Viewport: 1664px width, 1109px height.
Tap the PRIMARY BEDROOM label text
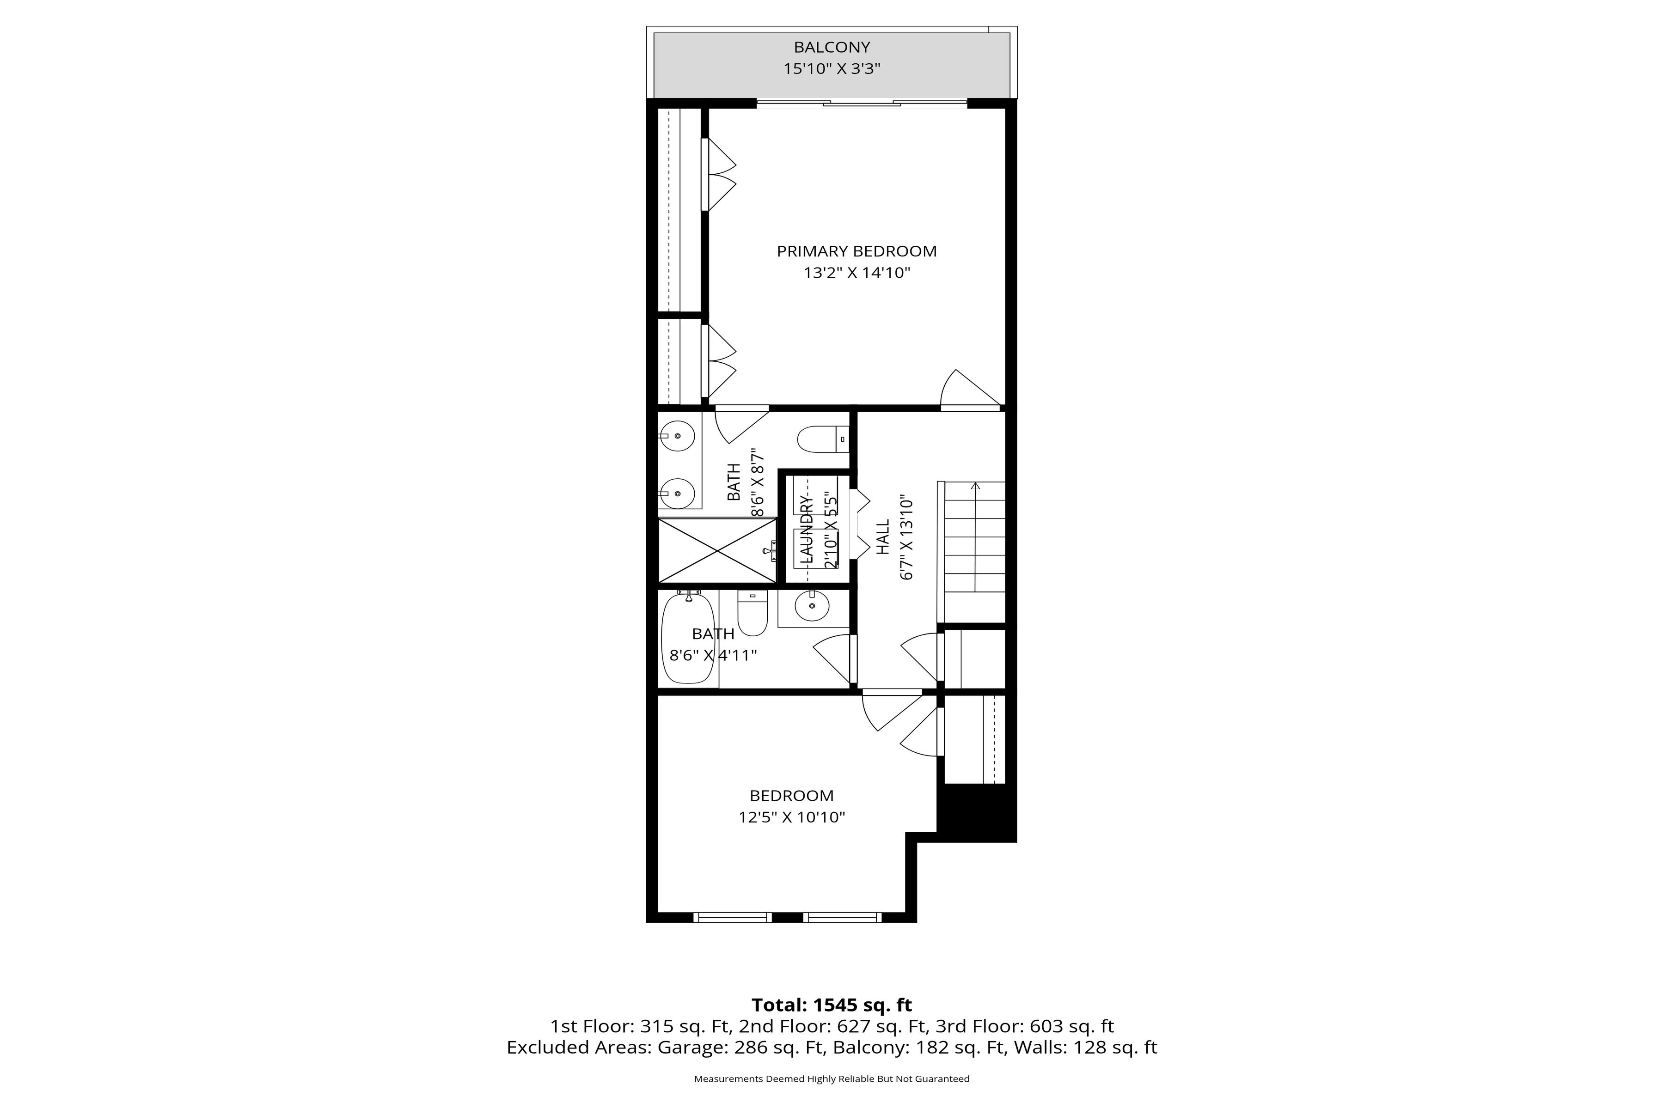857,251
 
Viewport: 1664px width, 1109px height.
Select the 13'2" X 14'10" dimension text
857,273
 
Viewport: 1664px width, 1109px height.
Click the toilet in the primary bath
823,439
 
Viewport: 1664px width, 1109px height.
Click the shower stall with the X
717,550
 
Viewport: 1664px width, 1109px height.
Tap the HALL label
883,537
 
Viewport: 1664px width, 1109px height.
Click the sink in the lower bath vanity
813,606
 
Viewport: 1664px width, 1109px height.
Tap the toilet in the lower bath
752,613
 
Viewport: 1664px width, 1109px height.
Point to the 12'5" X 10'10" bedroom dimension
792,817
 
